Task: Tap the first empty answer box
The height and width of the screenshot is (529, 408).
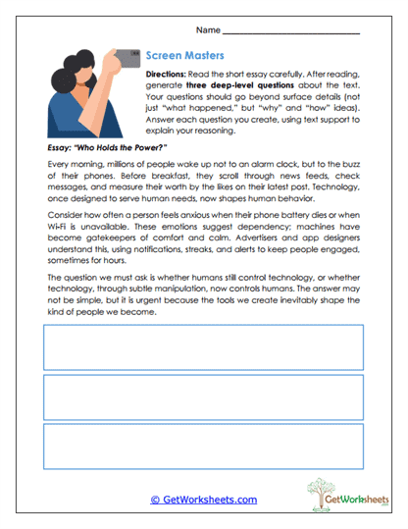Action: (203, 345)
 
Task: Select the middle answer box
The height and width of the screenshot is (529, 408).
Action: (203, 397)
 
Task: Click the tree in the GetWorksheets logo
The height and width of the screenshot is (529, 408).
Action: (324, 490)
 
